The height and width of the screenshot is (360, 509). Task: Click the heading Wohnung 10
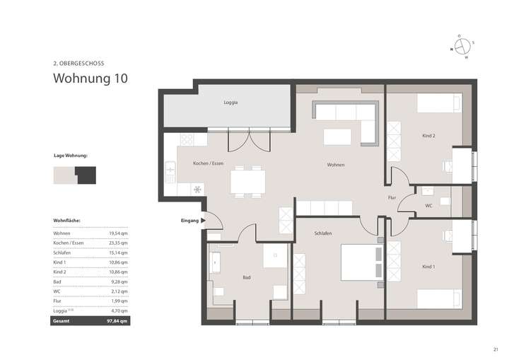coord(90,79)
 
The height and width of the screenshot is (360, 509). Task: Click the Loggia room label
coord(230,103)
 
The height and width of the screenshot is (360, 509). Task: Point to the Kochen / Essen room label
coord(209,163)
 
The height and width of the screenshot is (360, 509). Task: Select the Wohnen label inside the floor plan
coord(336,165)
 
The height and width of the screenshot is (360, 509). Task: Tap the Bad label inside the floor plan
coord(246,277)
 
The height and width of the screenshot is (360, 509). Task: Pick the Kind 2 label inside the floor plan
coord(428,135)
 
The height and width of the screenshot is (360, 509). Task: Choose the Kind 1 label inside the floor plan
coord(428,267)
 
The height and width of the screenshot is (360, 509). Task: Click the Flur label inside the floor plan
coord(392,197)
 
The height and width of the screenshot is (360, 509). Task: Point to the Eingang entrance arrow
coord(203,221)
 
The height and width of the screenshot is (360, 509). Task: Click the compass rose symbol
coord(462,46)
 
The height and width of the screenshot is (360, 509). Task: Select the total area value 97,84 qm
coord(118,320)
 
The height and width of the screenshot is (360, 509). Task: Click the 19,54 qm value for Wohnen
coord(118,233)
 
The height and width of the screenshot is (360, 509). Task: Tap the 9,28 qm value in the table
coord(119,281)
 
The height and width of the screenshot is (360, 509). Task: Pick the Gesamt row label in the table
coord(62,320)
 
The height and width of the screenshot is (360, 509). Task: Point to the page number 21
coord(496,348)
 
